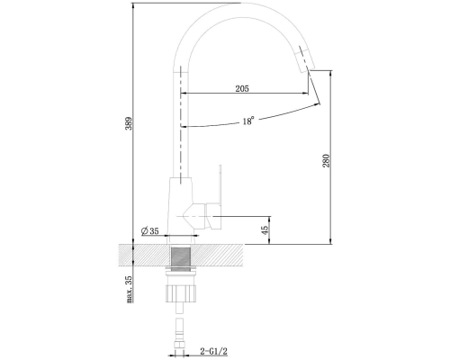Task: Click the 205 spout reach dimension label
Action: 242,88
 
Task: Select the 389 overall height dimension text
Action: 129,123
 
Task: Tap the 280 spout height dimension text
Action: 326,161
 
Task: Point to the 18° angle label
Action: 248,121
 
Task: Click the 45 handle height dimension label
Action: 265,230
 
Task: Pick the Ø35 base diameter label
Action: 149,231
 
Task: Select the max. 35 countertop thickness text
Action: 129,289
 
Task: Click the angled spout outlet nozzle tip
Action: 304,59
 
